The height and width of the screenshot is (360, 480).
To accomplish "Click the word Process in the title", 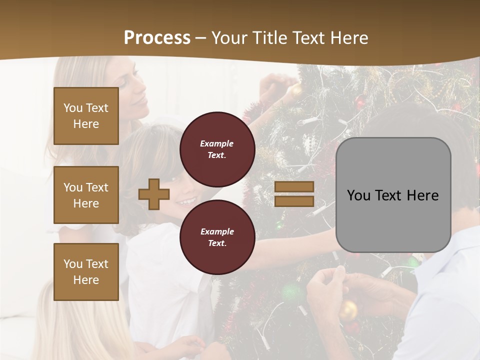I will (157, 37).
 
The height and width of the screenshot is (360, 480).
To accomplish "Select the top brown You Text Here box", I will (86, 116).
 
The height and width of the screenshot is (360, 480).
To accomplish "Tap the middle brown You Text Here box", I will (86, 195).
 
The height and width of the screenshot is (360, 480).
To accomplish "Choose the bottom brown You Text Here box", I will (86, 272).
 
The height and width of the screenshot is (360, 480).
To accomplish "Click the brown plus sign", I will (154, 194).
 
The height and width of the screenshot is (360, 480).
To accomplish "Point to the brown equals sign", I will (294, 194).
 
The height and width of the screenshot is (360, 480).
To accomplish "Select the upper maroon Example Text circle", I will (217, 149).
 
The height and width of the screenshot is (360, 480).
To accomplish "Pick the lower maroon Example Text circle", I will (217, 237).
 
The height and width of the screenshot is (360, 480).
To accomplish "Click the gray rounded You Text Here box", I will (393, 195).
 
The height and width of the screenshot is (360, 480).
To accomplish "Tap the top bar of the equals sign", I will (294, 187).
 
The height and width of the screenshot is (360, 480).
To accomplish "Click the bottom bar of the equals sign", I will (294, 201).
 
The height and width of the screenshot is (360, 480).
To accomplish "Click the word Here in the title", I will (349, 37).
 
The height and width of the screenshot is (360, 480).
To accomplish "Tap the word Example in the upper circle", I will (217, 143).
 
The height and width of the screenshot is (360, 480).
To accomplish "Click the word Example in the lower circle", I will (217, 231).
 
